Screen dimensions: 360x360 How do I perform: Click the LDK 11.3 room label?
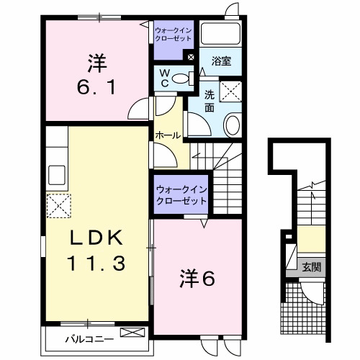coord(97,250)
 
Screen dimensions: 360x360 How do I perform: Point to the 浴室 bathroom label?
coord(222,62)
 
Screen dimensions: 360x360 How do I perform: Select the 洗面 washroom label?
coord(209,101)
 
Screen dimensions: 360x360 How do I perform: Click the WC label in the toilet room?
coord(164,78)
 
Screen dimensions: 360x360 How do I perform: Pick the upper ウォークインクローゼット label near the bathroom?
coord(173,34)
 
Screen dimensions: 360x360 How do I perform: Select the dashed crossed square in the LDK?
coord(59,207)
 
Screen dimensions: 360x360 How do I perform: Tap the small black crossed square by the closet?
coord(191,57)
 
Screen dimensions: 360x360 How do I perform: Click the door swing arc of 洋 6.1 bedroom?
coord(137,109)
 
